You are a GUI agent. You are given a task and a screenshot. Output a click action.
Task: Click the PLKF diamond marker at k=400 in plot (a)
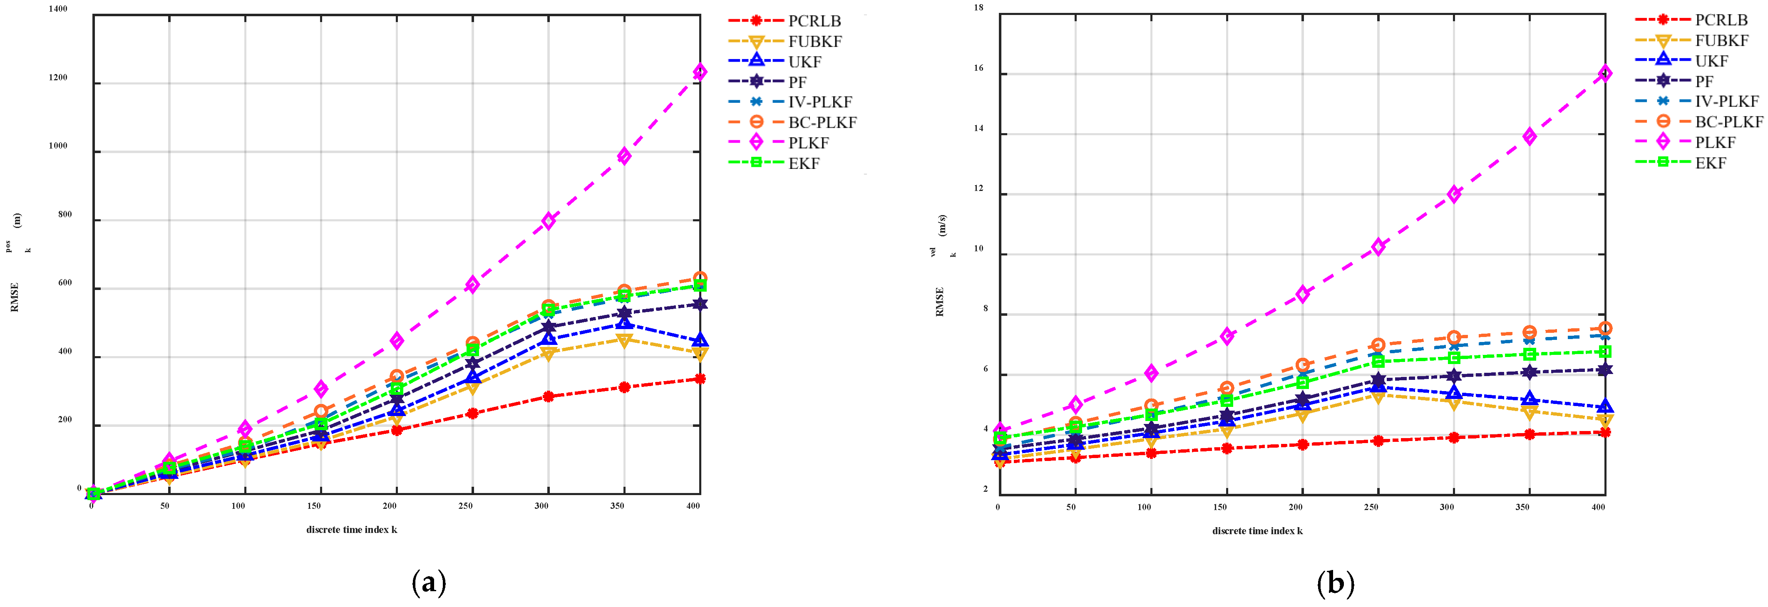[x=699, y=72]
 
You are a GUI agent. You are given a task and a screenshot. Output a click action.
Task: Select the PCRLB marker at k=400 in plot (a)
[x=699, y=379]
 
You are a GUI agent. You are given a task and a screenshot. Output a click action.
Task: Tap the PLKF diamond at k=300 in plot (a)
[x=548, y=221]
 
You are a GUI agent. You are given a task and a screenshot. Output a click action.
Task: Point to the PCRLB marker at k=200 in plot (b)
[x=1302, y=444]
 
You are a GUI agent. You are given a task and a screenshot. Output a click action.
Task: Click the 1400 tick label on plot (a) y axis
[x=58, y=9]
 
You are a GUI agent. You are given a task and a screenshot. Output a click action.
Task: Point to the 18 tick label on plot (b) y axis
[x=978, y=7]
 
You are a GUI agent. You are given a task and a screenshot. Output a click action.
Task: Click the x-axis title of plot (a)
[x=351, y=530]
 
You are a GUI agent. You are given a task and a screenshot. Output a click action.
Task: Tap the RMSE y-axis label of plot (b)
[x=940, y=302]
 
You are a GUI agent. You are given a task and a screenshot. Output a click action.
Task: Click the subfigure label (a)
[x=429, y=583]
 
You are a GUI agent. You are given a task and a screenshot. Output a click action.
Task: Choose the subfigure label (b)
[x=1335, y=583]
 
